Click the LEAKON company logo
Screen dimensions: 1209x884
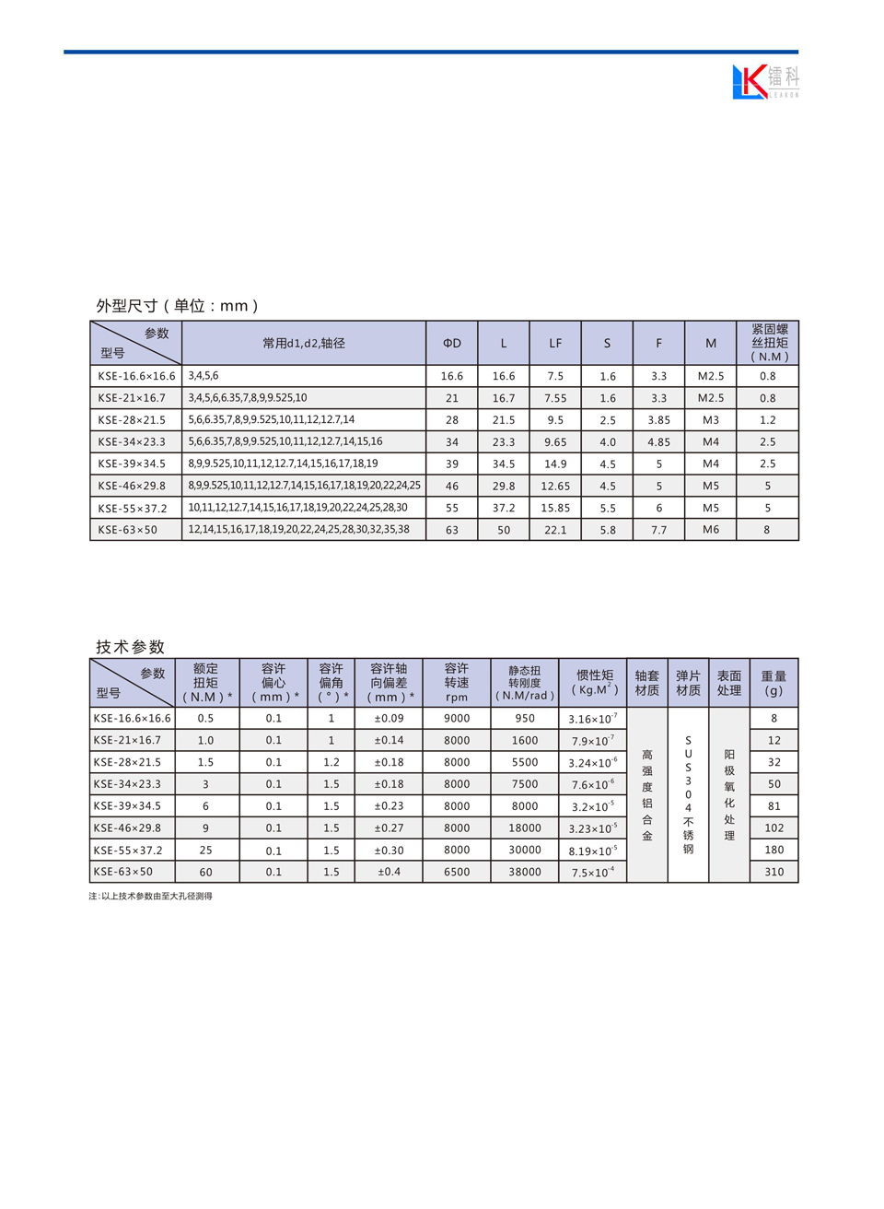point(765,82)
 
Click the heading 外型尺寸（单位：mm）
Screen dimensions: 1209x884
point(178,306)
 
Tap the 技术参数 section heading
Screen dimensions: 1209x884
point(131,647)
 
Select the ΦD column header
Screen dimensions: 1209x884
point(452,343)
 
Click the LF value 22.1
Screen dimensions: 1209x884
point(555,530)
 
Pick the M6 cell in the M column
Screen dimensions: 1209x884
point(711,530)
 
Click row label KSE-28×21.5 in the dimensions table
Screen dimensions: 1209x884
point(132,420)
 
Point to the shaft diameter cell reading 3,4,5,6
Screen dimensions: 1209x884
point(204,376)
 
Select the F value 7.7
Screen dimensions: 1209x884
point(659,530)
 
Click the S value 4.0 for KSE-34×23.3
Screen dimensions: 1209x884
point(608,442)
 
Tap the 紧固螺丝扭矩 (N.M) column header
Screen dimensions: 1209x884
point(769,343)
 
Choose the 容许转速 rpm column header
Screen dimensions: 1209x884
point(457,683)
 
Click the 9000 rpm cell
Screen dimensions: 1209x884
point(457,719)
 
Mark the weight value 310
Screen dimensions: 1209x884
point(774,872)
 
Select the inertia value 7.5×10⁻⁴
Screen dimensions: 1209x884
point(593,873)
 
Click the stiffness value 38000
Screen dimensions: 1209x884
point(525,872)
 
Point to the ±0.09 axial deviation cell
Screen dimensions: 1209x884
point(389,719)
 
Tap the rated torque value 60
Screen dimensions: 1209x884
point(205,872)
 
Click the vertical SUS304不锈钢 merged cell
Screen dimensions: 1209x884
point(688,794)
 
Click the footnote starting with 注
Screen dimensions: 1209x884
point(150,896)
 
